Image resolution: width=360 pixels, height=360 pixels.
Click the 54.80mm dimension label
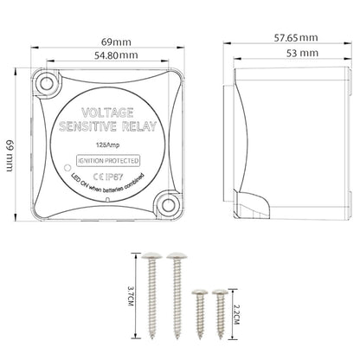pos(116,55)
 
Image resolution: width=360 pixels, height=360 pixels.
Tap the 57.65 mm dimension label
pos(296,38)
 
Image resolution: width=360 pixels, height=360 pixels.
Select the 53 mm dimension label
pos(302,53)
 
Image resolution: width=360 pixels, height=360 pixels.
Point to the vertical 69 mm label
pos(10,156)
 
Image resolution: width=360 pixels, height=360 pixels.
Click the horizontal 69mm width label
pos(116,42)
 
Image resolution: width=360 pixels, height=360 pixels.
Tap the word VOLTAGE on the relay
pos(107,112)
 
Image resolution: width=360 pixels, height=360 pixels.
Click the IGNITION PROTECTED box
pos(108,161)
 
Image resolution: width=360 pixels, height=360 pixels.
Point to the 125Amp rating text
pos(107,145)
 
